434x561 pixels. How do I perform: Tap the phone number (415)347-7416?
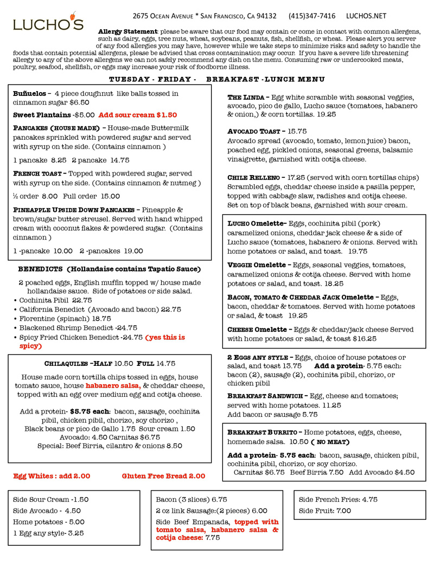coord(311,16)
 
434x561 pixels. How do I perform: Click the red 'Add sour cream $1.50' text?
coord(138,115)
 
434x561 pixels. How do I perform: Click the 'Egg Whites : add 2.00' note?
coord(52,476)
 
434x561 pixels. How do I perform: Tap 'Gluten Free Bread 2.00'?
coord(163,476)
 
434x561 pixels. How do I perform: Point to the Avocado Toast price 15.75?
coord(297,131)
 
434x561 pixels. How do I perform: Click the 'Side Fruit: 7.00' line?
coord(325,511)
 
